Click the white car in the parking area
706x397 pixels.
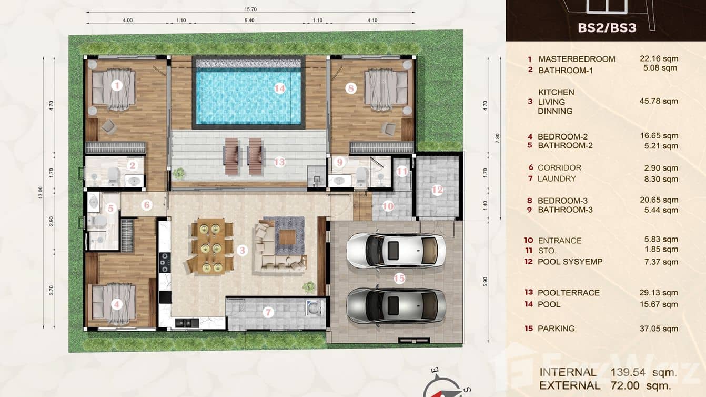coord(396,250)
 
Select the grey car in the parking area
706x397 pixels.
coord(396,305)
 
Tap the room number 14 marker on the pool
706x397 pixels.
coord(279,88)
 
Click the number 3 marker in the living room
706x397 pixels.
coord(242,251)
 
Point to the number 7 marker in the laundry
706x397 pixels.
coord(268,312)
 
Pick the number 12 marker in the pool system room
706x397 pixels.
coord(437,191)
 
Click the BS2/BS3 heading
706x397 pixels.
coord(607,27)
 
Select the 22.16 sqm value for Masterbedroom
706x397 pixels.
coord(659,59)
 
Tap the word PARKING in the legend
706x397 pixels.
coord(556,329)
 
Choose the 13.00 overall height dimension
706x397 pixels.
coord(40,192)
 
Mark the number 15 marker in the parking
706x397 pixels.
coord(399,279)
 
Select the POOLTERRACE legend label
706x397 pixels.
coord(568,293)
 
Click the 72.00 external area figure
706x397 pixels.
coord(629,385)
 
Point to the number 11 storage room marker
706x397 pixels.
coord(402,171)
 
